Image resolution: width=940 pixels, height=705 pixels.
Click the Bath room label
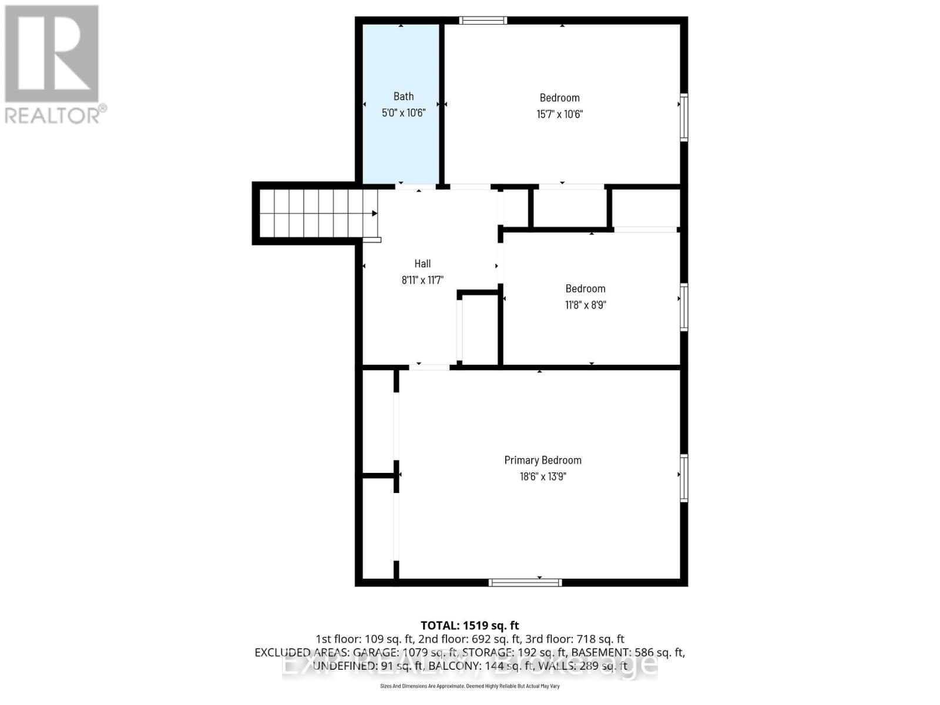click(x=403, y=96)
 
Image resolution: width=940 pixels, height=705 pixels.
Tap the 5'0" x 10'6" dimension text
click(x=403, y=113)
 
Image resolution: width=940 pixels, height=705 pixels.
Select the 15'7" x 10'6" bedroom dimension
click(x=559, y=114)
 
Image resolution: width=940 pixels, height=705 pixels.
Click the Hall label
click(x=422, y=264)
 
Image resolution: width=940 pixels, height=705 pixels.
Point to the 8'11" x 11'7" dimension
click(x=422, y=280)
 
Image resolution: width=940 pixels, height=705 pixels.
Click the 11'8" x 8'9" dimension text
click(x=585, y=305)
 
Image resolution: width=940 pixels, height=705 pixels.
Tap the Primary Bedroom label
click(x=543, y=460)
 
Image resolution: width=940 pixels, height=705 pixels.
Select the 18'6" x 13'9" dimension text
click(x=543, y=476)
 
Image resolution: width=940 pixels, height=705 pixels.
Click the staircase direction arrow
click(x=374, y=213)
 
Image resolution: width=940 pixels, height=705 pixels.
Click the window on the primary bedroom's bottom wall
click(x=525, y=582)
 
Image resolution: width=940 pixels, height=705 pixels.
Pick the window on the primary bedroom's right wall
click(x=684, y=478)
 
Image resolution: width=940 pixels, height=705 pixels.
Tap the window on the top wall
click(x=483, y=21)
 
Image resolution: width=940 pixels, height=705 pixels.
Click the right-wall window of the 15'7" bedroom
click(x=684, y=117)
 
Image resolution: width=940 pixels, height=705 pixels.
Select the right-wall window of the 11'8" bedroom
click(x=684, y=307)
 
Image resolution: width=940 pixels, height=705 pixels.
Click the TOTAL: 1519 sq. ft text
click(x=469, y=626)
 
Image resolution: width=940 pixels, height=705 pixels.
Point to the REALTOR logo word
click(x=56, y=115)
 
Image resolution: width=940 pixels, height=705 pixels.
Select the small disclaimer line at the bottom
click(x=469, y=686)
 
